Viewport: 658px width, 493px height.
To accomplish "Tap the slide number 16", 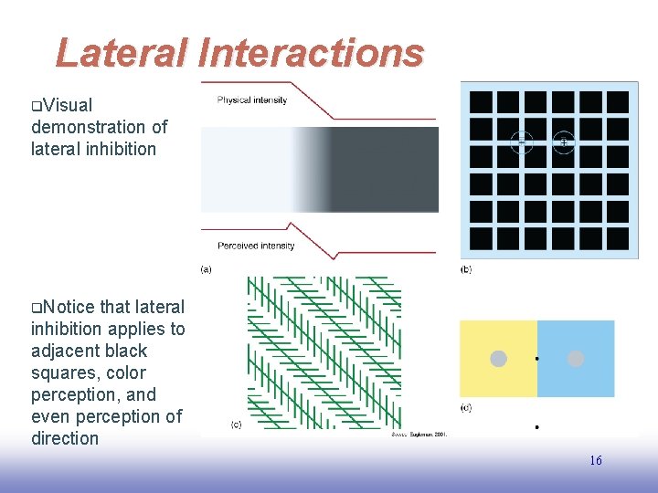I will click(595, 461).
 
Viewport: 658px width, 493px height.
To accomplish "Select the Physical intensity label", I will click(252, 100).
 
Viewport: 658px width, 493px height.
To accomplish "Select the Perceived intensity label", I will click(256, 246).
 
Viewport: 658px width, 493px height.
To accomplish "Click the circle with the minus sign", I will click(521, 142).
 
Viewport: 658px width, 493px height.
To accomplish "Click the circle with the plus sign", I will click(564, 142).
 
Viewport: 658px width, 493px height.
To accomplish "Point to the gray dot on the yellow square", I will click(498, 359).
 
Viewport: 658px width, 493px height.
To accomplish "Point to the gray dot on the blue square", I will click(576, 359).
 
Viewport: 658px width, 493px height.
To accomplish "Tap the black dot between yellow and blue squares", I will click(536, 359).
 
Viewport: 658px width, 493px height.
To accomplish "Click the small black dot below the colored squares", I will click(536, 426).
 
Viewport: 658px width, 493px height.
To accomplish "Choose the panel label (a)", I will click(206, 269).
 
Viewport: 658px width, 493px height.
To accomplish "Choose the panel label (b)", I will click(466, 269).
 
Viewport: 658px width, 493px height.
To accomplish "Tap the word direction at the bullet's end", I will click(65, 438).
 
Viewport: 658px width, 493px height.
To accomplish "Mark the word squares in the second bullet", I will click(65, 372).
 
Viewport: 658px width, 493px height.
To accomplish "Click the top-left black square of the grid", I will click(481, 101).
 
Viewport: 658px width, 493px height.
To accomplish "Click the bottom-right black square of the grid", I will click(617, 239).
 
